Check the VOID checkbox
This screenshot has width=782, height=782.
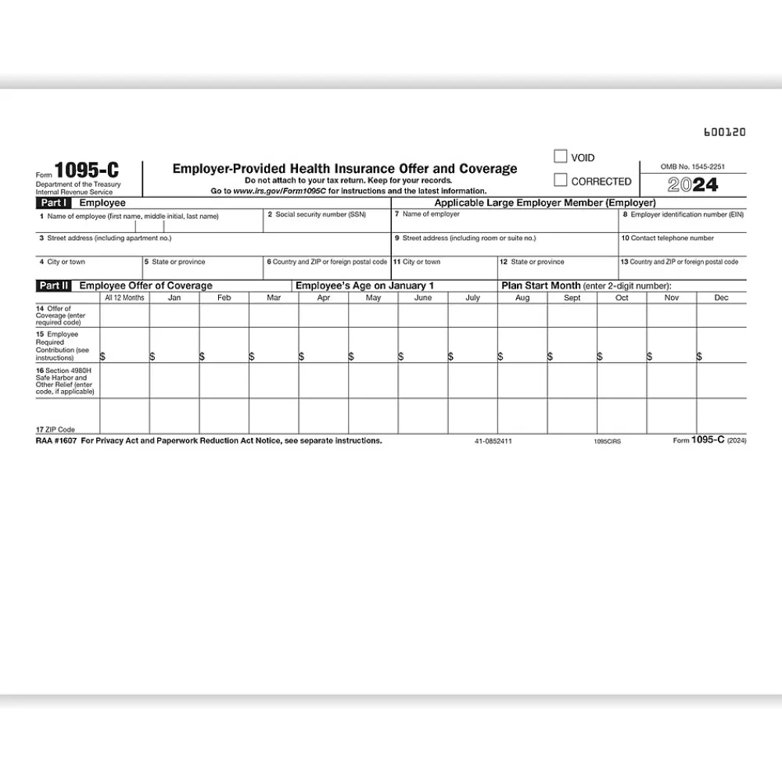coord(560,156)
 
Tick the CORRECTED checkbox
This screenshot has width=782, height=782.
coord(560,180)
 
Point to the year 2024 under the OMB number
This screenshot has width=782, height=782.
coord(693,185)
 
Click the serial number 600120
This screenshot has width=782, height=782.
coord(725,132)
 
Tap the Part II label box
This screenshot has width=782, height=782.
coord(55,285)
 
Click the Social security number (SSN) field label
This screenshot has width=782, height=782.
coord(316,214)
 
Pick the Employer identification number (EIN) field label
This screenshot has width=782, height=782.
coord(683,214)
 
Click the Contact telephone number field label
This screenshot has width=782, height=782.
coord(667,238)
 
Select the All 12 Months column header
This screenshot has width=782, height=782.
coord(124,298)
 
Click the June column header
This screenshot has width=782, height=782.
coord(422,298)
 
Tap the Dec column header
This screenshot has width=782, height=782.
coord(721,298)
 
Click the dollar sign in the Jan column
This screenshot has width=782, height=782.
coord(152,357)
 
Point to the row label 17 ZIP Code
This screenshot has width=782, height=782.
coord(56,429)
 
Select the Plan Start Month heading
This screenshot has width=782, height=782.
coord(540,285)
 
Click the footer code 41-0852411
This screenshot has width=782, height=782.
coord(493,441)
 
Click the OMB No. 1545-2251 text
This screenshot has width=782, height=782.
coord(692,167)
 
